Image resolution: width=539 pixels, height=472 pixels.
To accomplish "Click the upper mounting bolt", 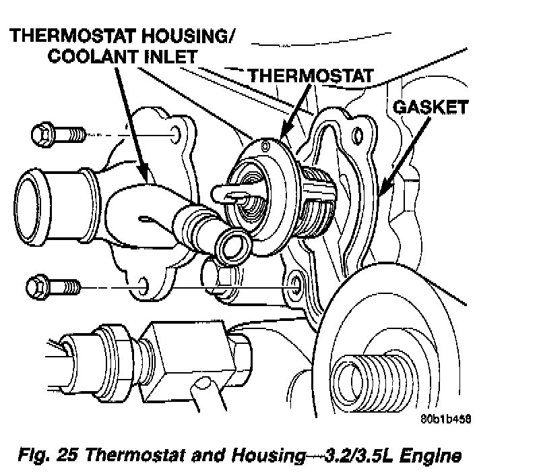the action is click(57, 134).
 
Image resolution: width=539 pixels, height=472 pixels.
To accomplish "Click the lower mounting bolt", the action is click(54, 289).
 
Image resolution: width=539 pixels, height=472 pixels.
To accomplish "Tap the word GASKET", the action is click(431, 107).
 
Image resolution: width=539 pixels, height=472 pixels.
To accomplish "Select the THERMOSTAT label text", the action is click(310, 76).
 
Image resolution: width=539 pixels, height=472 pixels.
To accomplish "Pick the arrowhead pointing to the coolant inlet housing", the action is click(145, 175).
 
